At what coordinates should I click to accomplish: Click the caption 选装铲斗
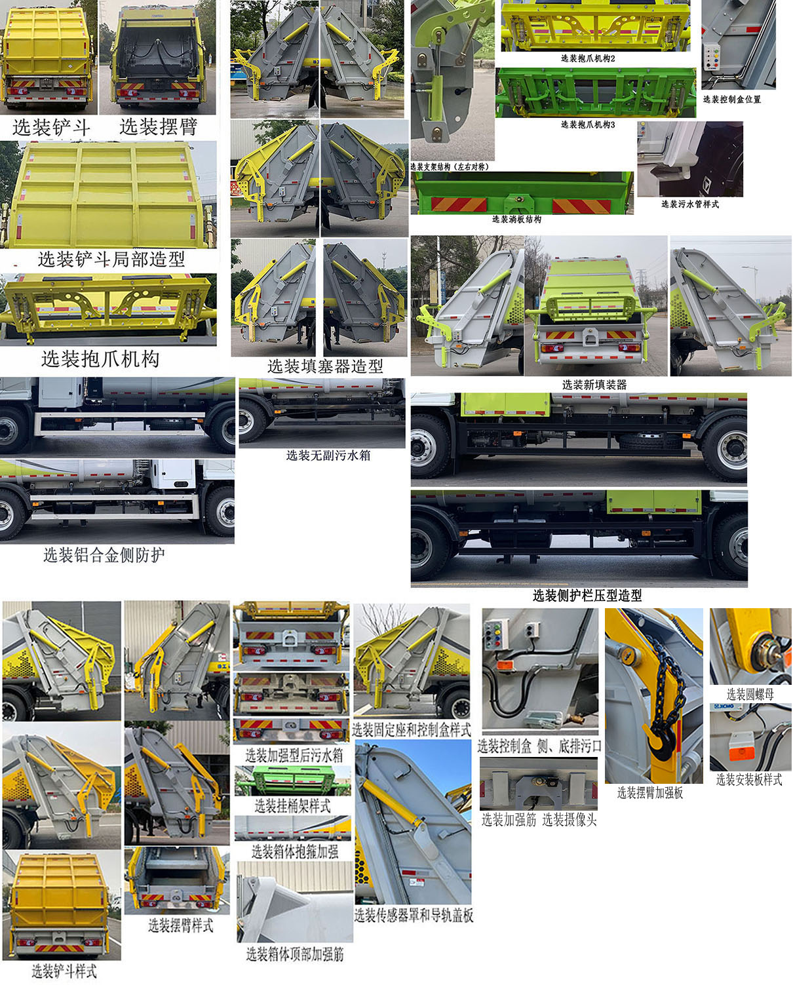(51, 127)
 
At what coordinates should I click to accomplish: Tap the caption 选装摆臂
(158, 126)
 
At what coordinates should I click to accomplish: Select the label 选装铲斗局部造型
(111, 260)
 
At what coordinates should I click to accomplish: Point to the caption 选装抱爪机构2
(588, 58)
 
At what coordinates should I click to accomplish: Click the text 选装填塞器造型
(325, 366)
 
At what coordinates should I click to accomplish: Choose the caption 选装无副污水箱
(328, 455)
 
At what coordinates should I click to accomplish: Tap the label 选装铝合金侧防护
(104, 555)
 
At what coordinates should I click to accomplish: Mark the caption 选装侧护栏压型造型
(587, 595)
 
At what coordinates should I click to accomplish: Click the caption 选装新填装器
(594, 385)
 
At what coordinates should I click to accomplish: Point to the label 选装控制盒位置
(731, 100)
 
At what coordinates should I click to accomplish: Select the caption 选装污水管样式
(689, 204)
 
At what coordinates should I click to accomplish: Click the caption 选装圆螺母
(750, 694)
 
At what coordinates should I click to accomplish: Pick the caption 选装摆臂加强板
(649, 793)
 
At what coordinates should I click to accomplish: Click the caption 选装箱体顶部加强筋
(295, 954)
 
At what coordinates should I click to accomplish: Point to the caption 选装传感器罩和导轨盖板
(414, 916)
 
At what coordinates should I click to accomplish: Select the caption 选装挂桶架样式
(292, 806)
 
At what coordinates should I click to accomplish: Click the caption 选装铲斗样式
(64, 971)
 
